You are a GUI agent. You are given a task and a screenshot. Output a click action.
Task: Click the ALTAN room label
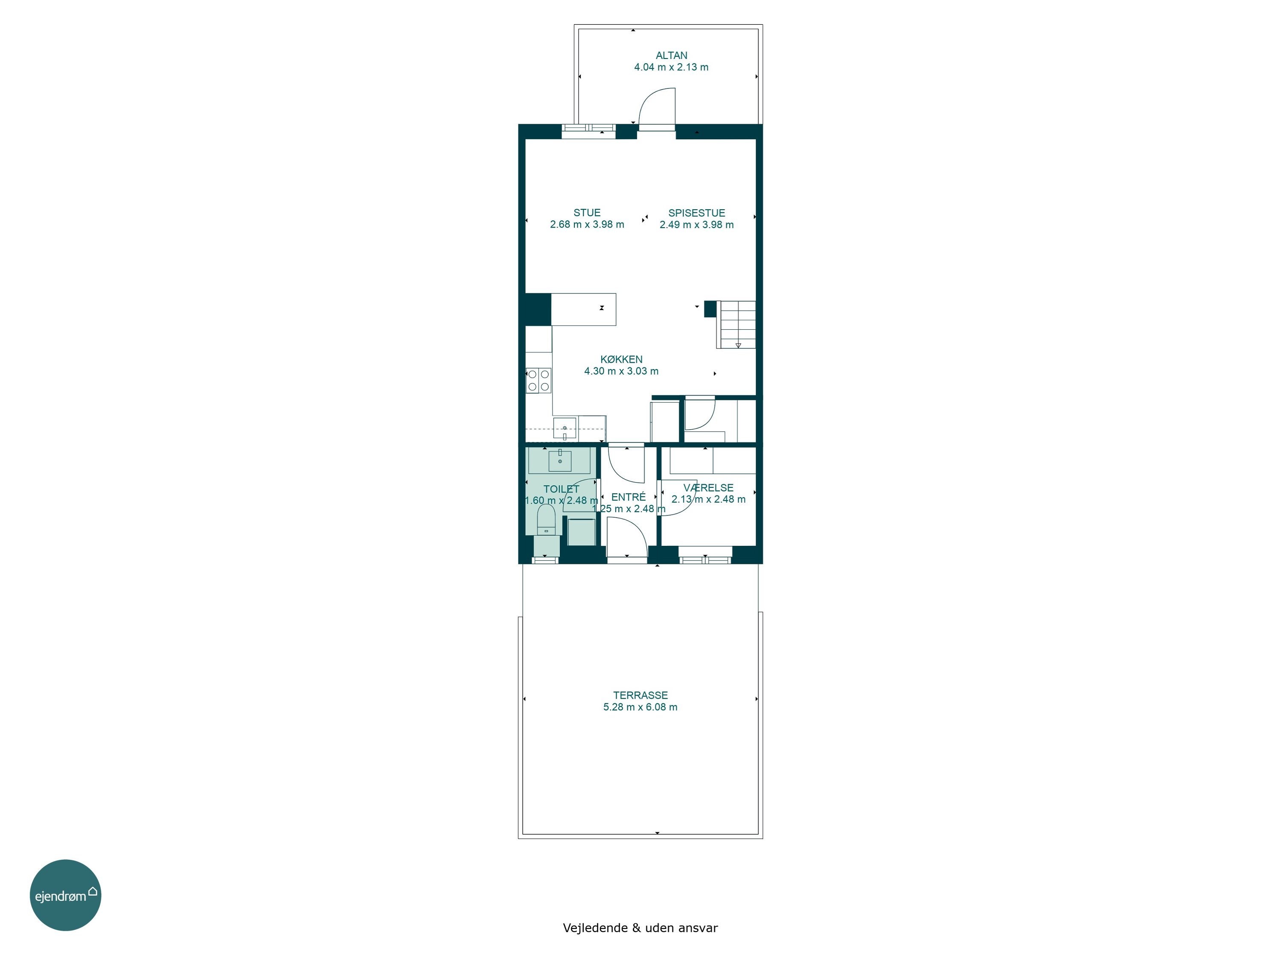coord(671,56)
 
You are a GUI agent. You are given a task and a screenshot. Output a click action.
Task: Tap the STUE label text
coord(587,213)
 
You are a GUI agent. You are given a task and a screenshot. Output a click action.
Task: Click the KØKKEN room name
coord(621,359)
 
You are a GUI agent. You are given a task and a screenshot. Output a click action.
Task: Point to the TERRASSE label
coord(640,695)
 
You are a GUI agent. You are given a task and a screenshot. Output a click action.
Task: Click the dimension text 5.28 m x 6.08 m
coord(640,707)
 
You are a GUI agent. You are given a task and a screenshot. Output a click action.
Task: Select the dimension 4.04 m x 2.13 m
coord(671,67)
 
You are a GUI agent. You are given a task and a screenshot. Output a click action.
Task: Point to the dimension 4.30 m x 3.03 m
coord(621,371)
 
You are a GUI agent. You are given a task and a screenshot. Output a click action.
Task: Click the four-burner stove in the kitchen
coord(538,381)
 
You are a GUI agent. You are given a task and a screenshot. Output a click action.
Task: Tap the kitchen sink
coord(564,429)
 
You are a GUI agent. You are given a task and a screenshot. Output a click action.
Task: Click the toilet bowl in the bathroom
coord(546,519)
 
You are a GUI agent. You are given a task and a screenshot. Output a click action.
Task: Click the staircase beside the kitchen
coord(735,324)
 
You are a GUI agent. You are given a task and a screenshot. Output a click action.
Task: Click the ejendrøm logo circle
coord(65,895)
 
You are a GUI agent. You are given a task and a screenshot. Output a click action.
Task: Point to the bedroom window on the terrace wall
coord(705,560)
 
